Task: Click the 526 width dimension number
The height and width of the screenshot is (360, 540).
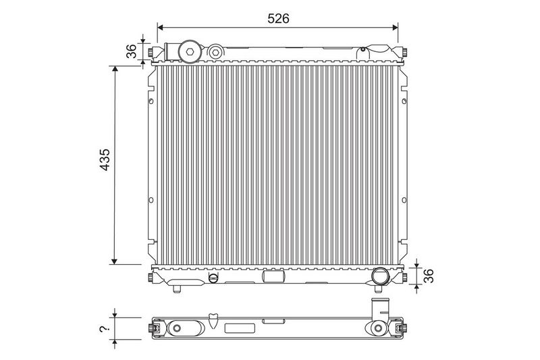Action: pyautogui.click(x=278, y=19)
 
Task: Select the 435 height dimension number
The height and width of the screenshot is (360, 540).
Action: pyautogui.click(x=105, y=159)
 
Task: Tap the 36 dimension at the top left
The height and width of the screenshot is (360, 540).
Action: pyautogui.click(x=131, y=51)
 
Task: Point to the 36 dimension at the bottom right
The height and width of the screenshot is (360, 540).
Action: pyautogui.click(x=429, y=276)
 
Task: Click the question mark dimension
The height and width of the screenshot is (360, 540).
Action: pyautogui.click(x=103, y=329)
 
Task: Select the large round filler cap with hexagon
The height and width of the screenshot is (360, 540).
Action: pyautogui.click(x=190, y=52)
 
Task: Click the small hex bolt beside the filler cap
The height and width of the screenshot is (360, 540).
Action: pyautogui.click(x=215, y=53)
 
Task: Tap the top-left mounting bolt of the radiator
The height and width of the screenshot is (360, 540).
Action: pyautogui.click(x=151, y=53)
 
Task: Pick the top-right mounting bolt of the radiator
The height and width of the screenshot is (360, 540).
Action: pyautogui.click(x=404, y=53)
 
